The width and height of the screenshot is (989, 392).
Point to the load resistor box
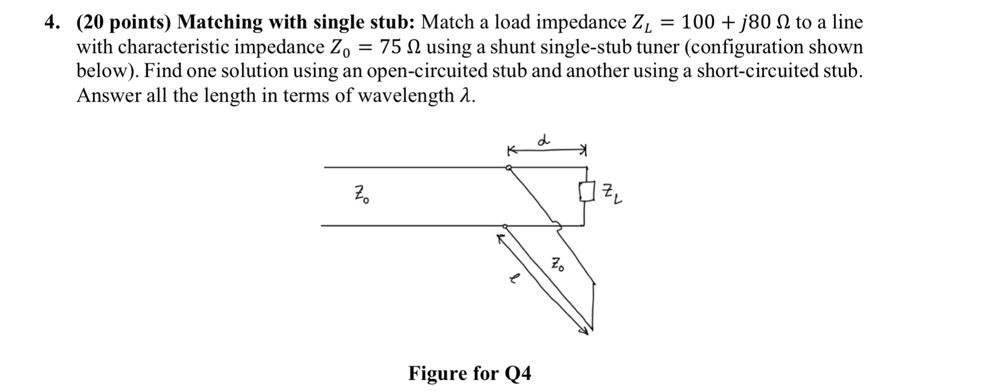pyautogui.click(x=585, y=192)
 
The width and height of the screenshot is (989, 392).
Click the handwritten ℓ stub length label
pyautogui.click(x=516, y=279)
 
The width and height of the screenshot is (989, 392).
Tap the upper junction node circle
pyautogui.click(x=508, y=168)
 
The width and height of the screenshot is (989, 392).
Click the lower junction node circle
pyautogui.click(x=505, y=226)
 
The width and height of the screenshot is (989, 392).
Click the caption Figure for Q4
pyautogui.click(x=469, y=373)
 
